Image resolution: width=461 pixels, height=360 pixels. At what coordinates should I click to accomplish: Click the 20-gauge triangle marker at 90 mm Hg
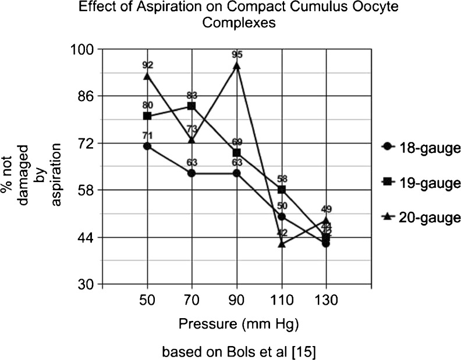click(237, 66)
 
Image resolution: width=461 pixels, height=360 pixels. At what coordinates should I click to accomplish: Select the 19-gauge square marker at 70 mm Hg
click(192, 106)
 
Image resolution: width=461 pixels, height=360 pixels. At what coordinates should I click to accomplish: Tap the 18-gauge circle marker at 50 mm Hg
click(147, 146)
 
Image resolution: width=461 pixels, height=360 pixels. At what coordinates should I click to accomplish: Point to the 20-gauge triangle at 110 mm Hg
click(282, 244)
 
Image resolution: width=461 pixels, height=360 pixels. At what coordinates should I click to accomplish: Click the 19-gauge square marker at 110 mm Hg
click(282, 190)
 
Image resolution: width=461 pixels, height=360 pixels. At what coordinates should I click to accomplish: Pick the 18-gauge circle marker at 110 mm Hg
click(282, 216)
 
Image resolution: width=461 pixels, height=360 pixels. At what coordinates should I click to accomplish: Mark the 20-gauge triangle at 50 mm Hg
click(147, 76)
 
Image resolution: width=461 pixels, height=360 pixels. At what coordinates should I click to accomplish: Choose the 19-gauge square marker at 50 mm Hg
click(147, 116)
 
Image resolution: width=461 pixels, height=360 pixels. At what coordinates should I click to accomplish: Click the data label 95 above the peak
click(237, 55)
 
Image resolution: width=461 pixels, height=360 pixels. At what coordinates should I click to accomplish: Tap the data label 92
click(147, 66)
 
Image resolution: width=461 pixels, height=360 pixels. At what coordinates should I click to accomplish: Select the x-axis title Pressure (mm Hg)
click(236, 323)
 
